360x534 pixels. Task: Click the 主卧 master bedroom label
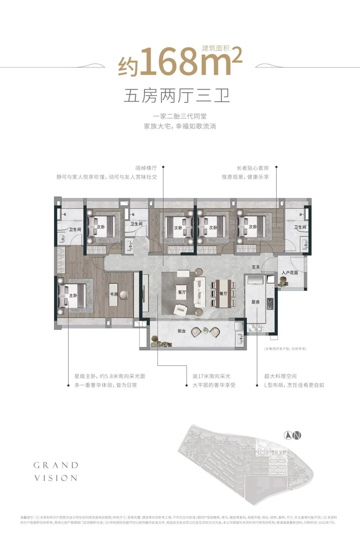pyautogui.click(x=73, y=295)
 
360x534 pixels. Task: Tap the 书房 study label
pyautogui.click(x=114, y=294)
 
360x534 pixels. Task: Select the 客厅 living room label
pyautogui.click(x=182, y=292)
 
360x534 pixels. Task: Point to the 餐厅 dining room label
pyautogui.click(x=223, y=293)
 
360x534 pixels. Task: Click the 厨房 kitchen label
pyautogui.click(x=256, y=302)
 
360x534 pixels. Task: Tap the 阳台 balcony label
pyautogui.click(x=182, y=331)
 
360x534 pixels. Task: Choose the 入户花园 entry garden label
pyautogui.click(x=290, y=272)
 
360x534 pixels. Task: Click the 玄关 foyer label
pyautogui.click(x=256, y=267)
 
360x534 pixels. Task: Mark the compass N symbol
pyautogui.click(x=293, y=435)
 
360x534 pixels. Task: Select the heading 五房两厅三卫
pyautogui.click(x=177, y=96)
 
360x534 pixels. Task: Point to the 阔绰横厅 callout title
pyautogui.click(x=146, y=168)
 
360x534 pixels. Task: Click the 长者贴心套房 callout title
pyautogui.click(x=253, y=168)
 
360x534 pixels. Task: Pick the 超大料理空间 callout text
pyautogui.click(x=280, y=376)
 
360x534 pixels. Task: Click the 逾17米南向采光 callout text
pyautogui.click(x=211, y=376)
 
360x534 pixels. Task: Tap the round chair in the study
pyautogui.click(x=124, y=294)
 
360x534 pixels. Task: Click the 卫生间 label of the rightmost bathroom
pyautogui.click(x=300, y=227)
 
